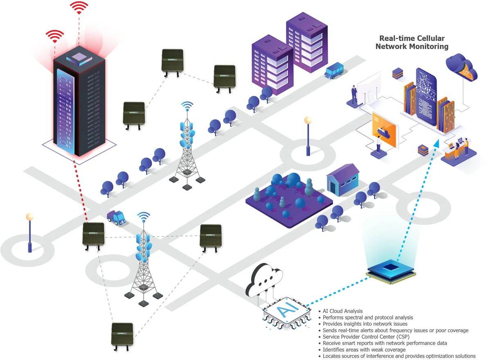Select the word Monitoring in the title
(426, 46)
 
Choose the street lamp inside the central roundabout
(308, 136)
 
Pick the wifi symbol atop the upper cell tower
(187, 106)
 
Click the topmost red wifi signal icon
(79, 7)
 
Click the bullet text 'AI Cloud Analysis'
(343, 311)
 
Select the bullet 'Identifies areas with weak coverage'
(364, 350)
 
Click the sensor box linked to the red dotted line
(94, 234)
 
